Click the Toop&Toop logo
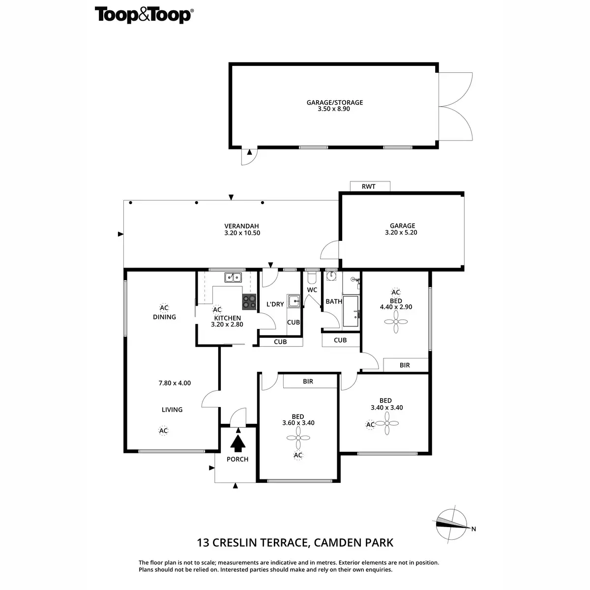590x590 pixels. (143, 15)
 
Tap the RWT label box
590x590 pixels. (369, 186)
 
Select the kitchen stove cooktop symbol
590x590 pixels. (249, 301)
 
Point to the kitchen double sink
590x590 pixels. (233, 277)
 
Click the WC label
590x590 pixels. (312, 290)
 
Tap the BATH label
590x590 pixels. (334, 301)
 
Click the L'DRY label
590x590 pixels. (275, 304)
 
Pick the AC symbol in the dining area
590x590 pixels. (164, 308)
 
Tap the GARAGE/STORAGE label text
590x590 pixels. (335, 103)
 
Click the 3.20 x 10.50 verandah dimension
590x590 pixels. (242, 233)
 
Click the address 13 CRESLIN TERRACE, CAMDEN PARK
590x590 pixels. (295, 543)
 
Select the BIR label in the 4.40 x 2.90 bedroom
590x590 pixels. (405, 365)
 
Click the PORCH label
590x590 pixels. (237, 459)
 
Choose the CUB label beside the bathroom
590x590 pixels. (340, 340)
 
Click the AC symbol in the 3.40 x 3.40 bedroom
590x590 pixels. (370, 424)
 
